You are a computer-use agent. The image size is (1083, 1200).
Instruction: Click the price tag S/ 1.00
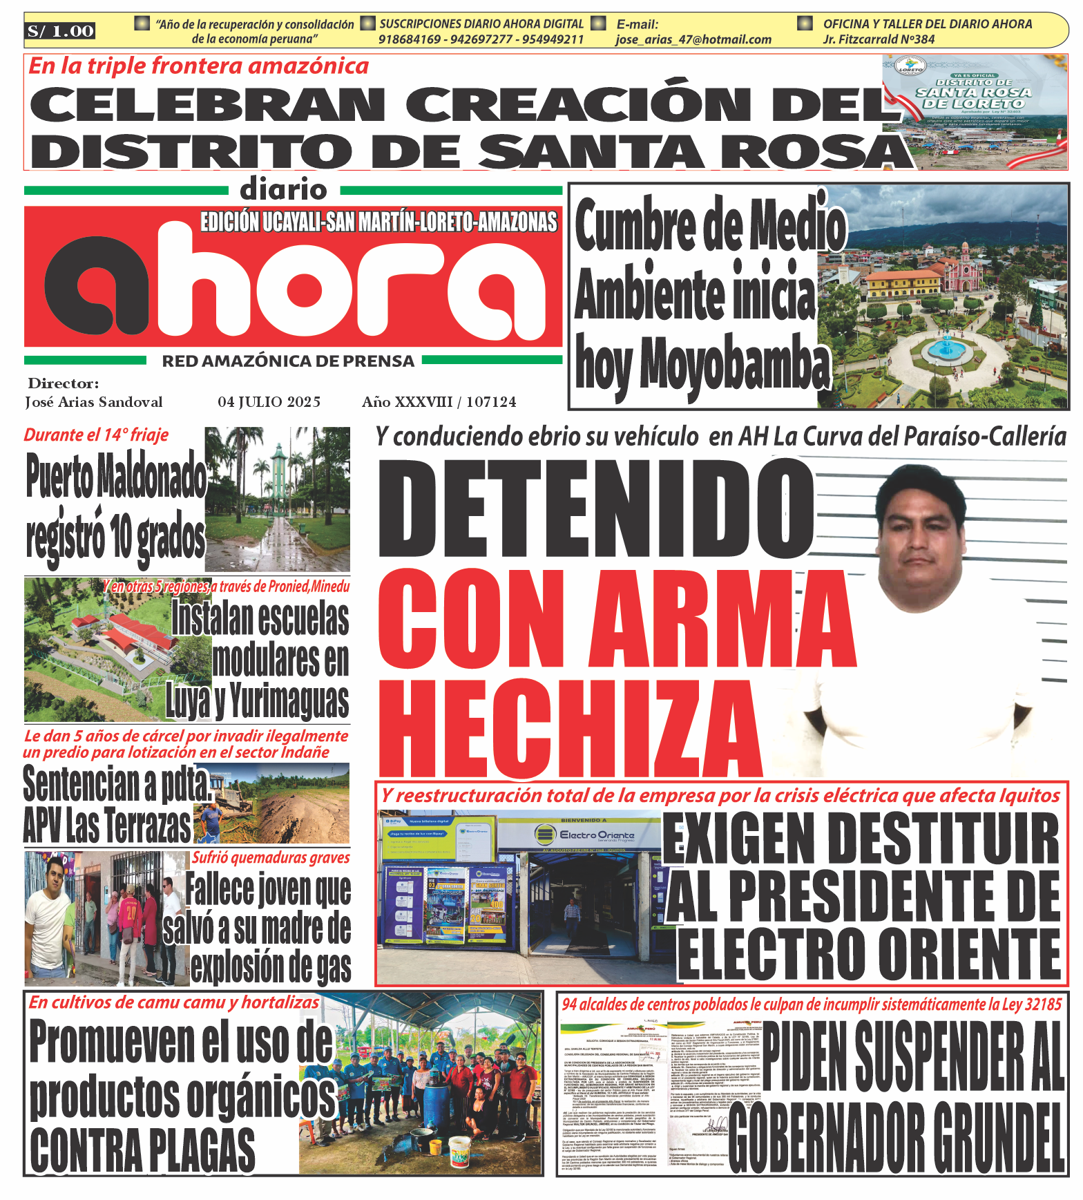(x=60, y=31)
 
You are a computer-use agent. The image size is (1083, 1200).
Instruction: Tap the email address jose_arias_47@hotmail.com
(x=693, y=40)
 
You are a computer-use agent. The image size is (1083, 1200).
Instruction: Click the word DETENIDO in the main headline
(x=596, y=508)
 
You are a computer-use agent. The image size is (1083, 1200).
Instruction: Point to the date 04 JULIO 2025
(x=269, y=402)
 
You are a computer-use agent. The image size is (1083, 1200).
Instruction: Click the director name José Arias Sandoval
(x=94, y=402)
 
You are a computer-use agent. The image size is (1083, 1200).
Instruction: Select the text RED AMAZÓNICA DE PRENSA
(x=288, y=361)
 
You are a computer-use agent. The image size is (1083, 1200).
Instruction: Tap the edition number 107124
(x=491, y=402)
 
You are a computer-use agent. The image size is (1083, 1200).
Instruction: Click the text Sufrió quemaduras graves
(x=271, y=857)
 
